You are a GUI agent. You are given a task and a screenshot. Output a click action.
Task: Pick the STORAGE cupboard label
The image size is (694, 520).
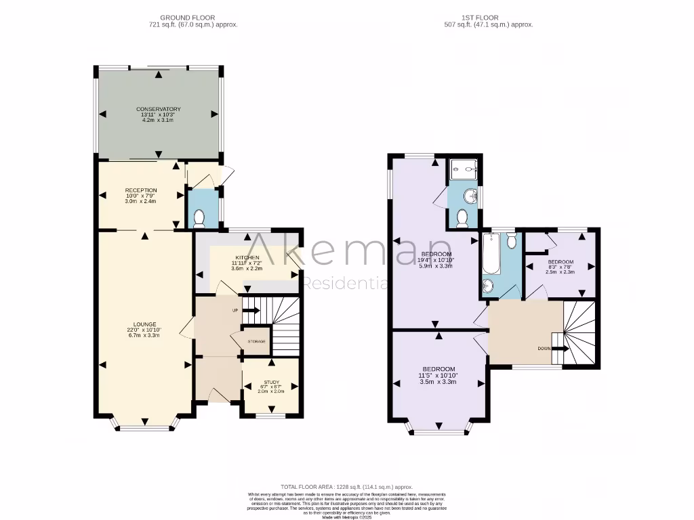[x=256, y=341]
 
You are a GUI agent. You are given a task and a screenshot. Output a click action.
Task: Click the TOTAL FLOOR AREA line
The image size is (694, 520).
[x=347, y=487]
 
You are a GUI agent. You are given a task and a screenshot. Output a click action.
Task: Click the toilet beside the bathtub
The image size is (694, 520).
[x=512, y=240]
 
